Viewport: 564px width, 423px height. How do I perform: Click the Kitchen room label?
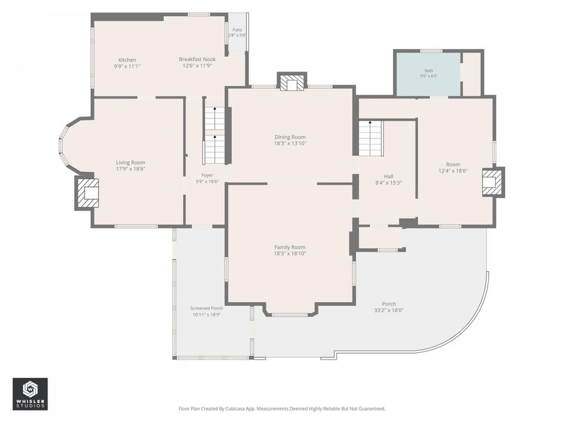click(x=127, y=60)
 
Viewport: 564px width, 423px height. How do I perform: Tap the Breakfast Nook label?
click(x=197, y=60)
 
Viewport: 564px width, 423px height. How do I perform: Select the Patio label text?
click(x=238, y=30)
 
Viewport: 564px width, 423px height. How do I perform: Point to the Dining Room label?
click(x=290, y=137)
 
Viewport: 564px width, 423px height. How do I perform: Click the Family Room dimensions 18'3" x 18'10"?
click(x=290, y=254)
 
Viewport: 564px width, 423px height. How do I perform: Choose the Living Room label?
click(x=130, y=162)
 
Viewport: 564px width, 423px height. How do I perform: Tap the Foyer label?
click(x=207, y=175)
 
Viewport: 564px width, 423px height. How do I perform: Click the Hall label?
click(x=389, y=176)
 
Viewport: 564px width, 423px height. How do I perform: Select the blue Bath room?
click(x=429, y=75)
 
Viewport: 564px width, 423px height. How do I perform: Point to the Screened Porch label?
click(x=206, y=308)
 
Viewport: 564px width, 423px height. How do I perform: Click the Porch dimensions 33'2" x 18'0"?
click(x=389, y=310)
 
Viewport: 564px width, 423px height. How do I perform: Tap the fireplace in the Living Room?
click(x=86, y=193)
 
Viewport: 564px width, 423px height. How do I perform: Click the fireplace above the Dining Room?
click(x=291, y=81)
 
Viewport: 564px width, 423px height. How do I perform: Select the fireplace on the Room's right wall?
click(x=493, y=182)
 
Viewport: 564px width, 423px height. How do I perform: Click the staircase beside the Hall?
click(x=370, y=138)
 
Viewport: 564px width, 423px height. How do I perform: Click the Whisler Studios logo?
click(x=30, y=394)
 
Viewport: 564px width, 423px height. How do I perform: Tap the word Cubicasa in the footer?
click(x=234, y=409)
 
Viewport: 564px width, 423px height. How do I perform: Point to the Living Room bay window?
click(x=63, y=145)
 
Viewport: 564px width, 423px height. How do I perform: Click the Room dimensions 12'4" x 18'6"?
click(x=453, y=171)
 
